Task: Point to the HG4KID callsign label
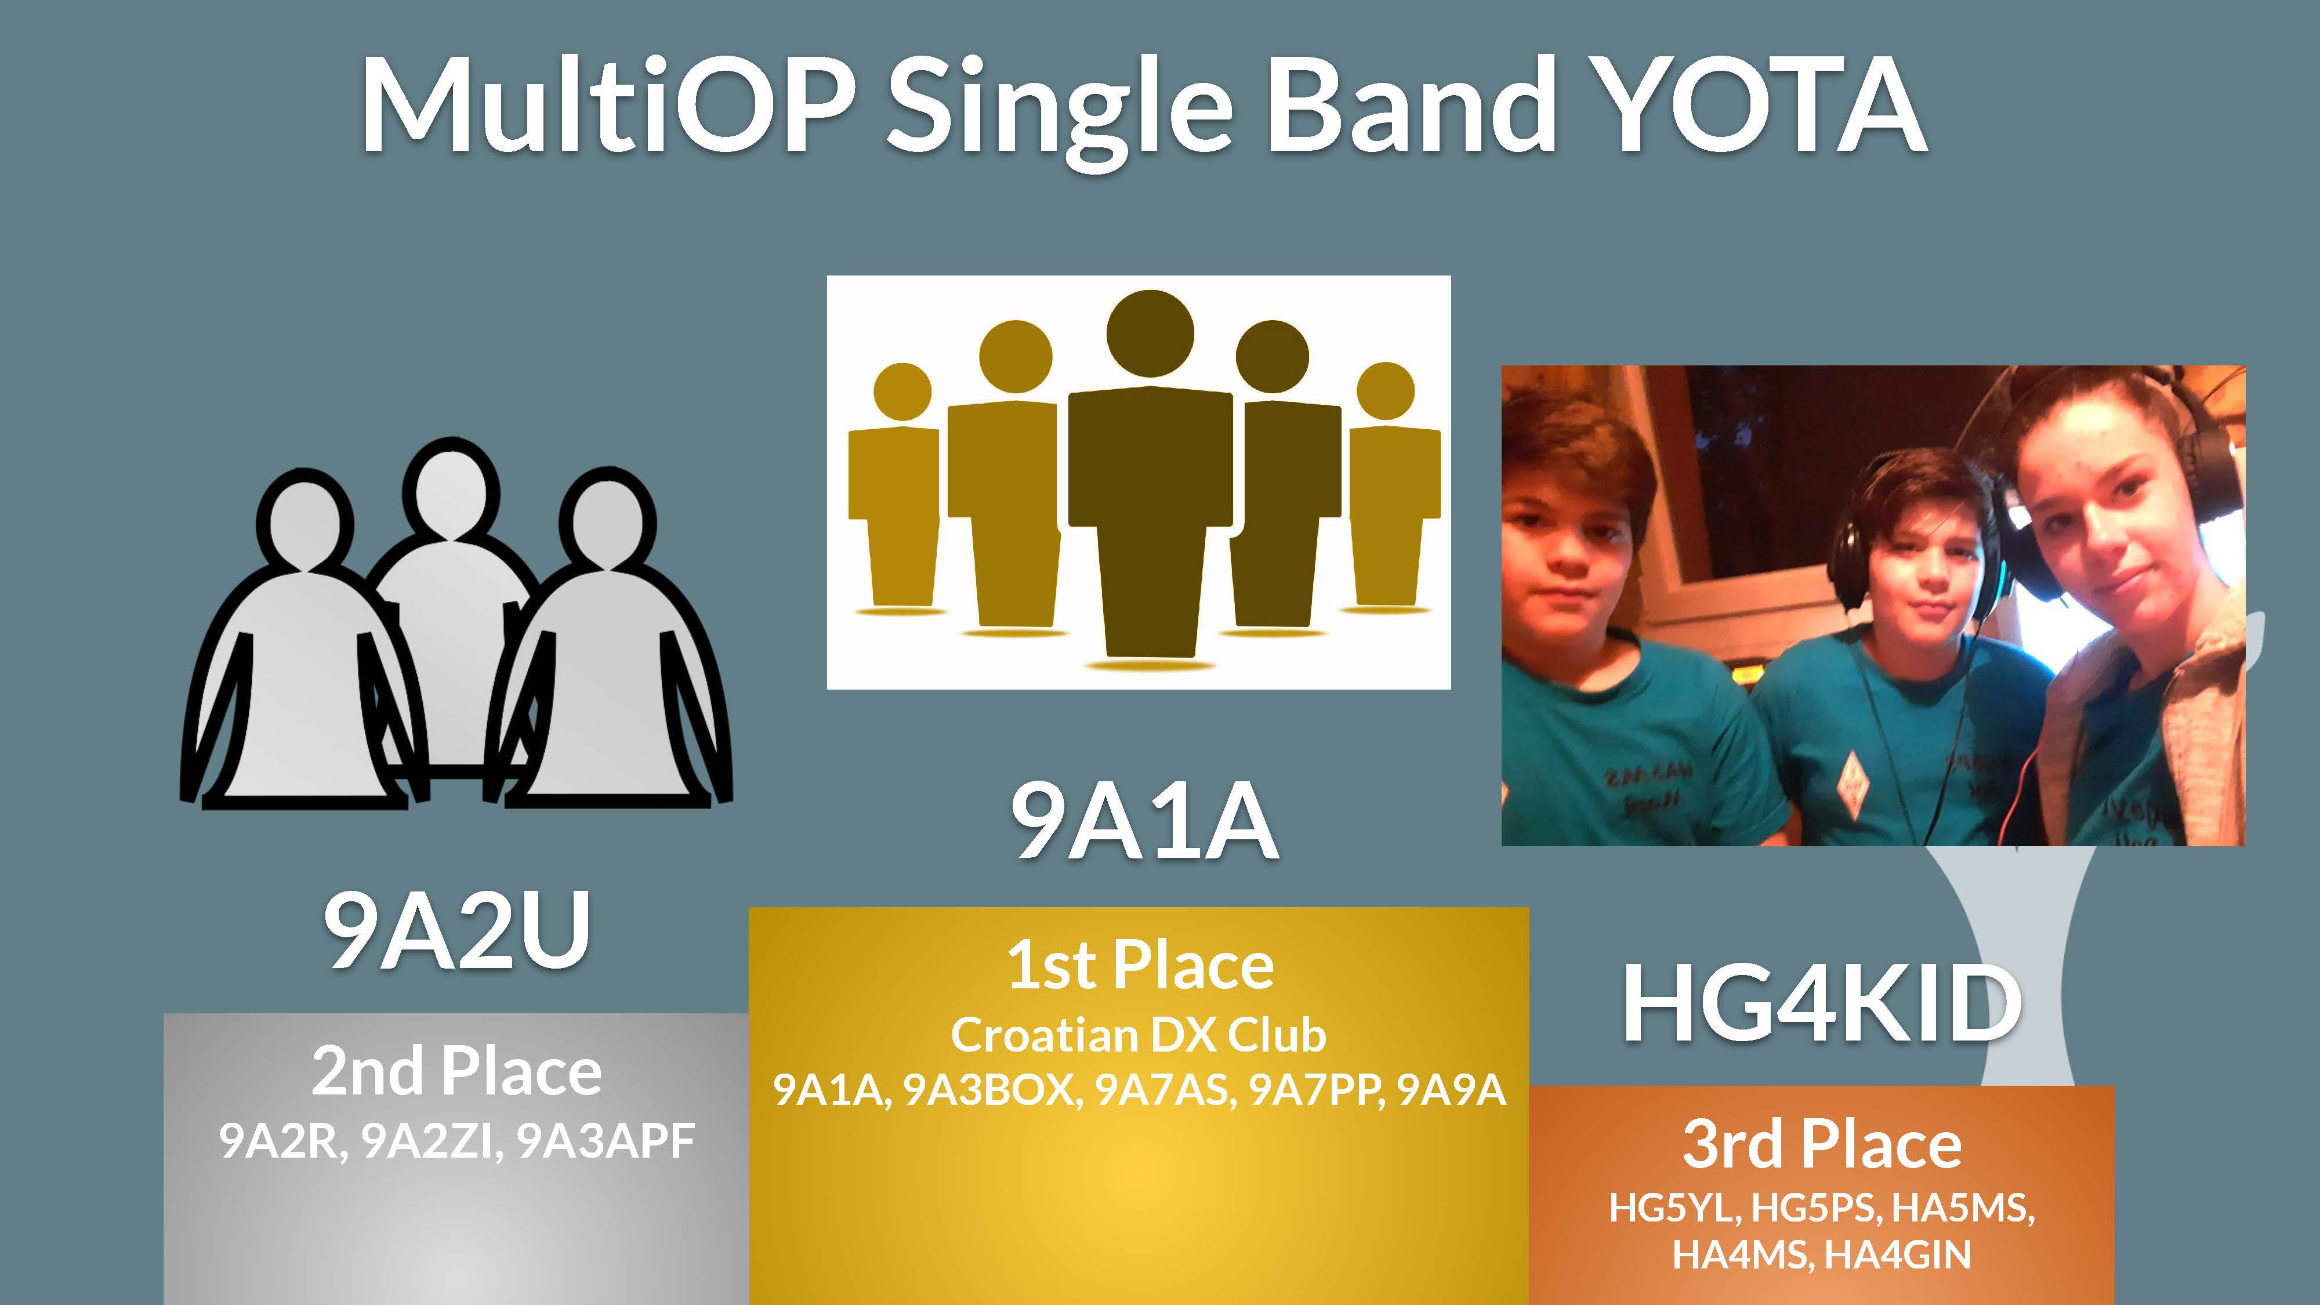pos(1821,1002)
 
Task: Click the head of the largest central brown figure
pos(1150,334)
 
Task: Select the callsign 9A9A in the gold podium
pos(1451,1090)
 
